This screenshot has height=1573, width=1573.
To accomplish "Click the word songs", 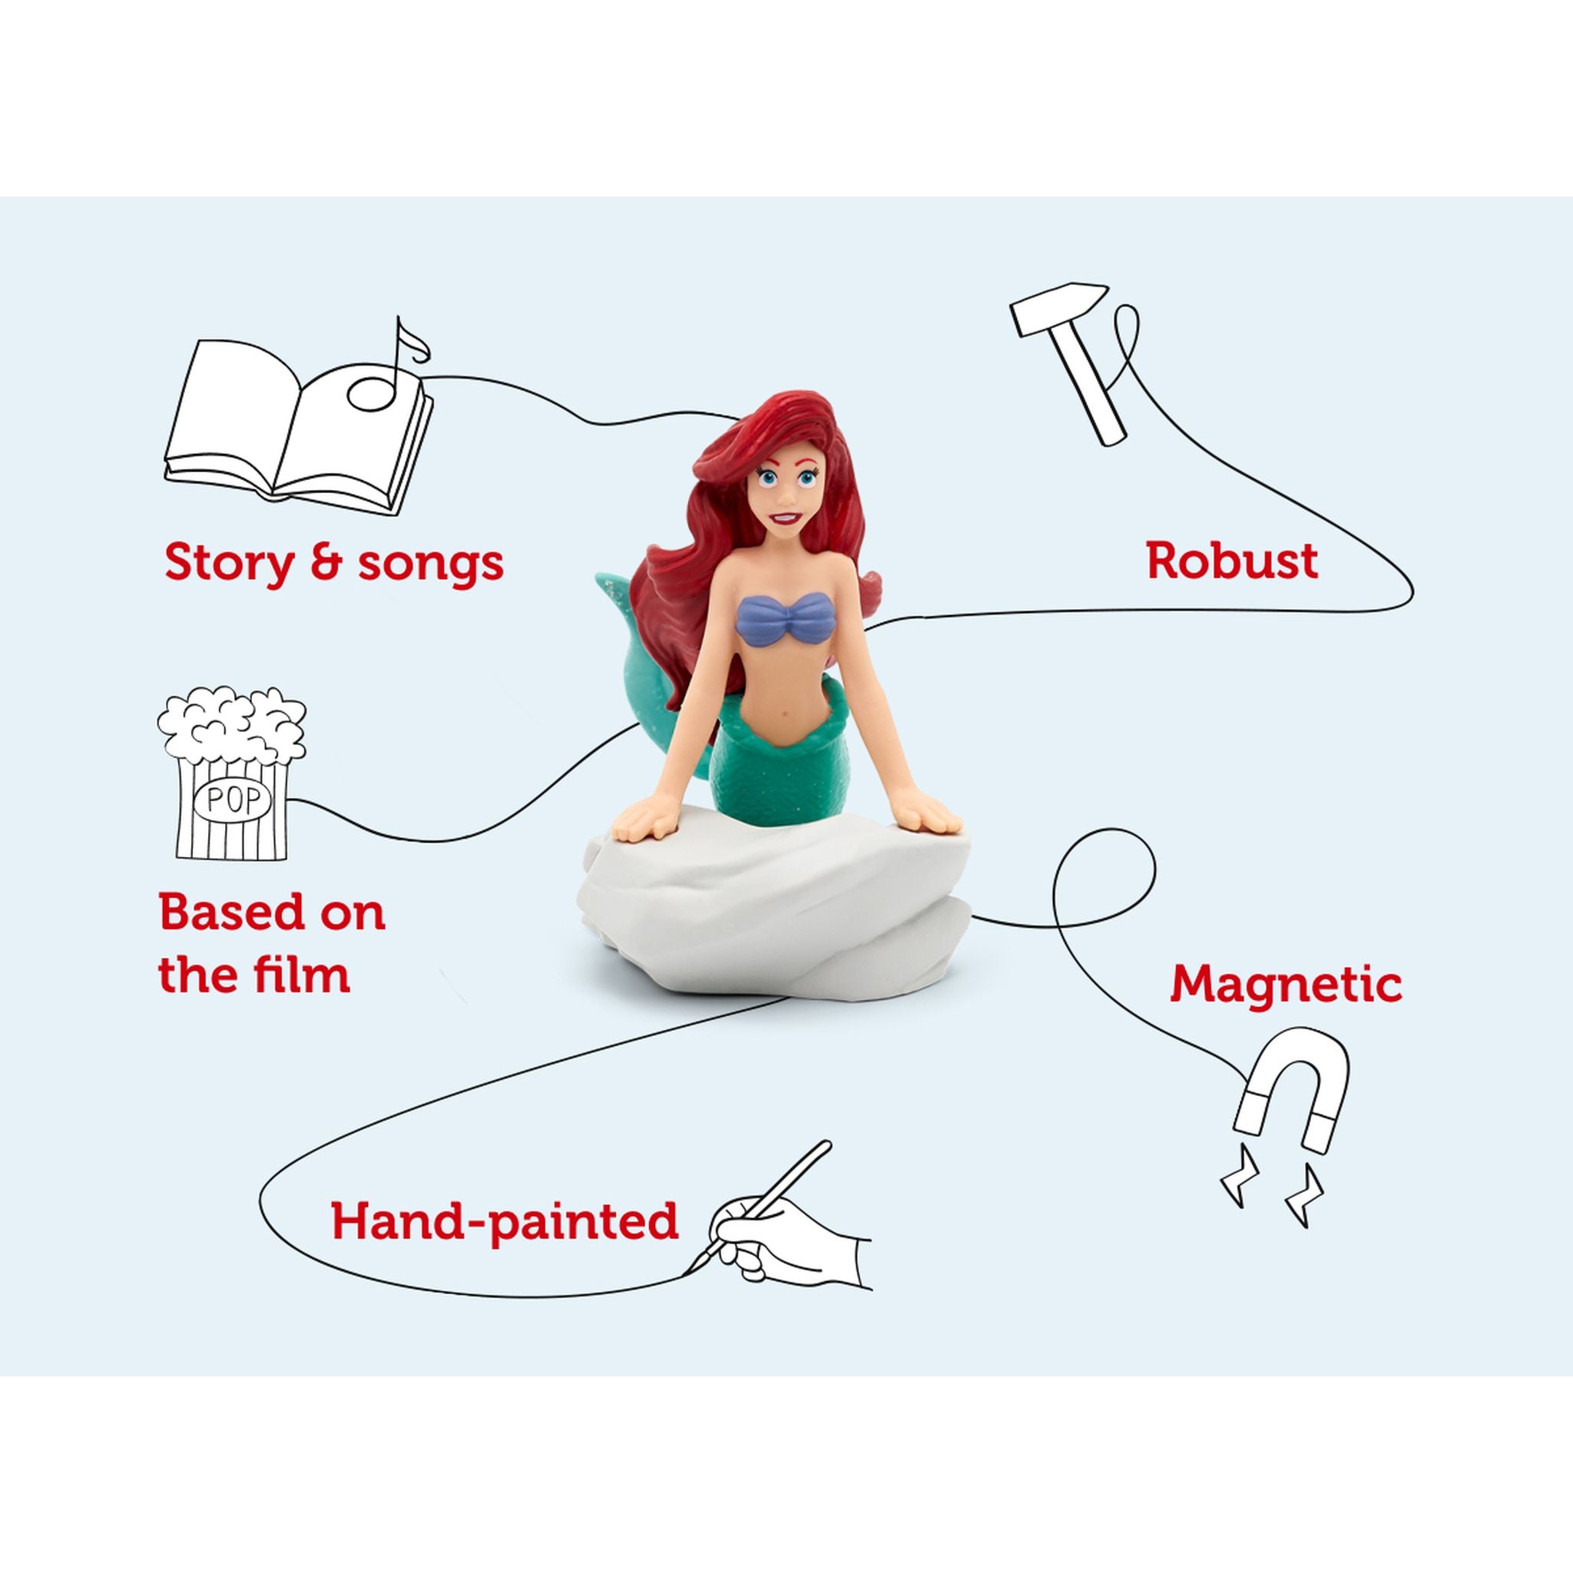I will [432, 564].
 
